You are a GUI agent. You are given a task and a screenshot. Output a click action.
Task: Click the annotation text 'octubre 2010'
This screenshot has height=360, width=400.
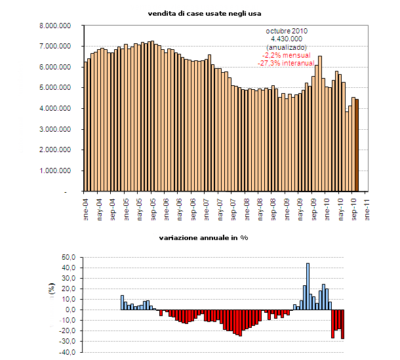(287, 31)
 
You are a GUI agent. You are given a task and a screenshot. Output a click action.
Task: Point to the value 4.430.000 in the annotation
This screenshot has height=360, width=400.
(287, 39)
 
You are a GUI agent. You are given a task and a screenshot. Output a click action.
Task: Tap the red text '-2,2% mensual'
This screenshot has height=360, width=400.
(287, 55)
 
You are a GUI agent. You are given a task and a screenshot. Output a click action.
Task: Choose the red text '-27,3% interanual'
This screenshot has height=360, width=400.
(287, 63)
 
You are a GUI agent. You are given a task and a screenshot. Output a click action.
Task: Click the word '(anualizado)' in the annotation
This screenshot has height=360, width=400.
(287, 47)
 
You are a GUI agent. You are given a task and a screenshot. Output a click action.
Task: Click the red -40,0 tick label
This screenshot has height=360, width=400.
(69, 352)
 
